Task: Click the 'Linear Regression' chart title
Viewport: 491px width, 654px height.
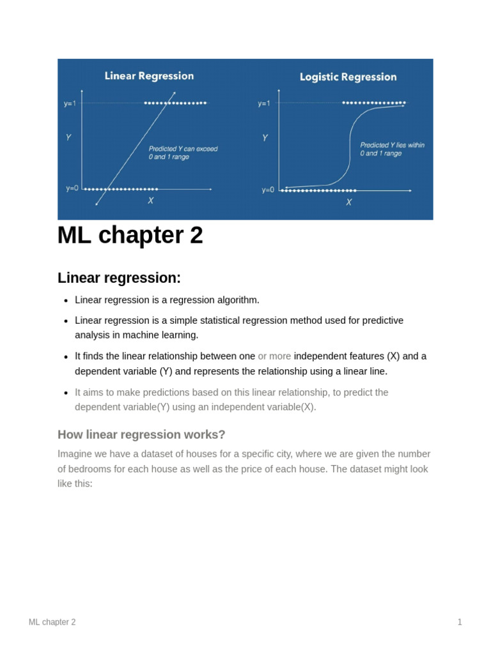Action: pos(149,76)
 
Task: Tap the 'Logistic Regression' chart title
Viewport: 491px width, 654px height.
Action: pos(348,77)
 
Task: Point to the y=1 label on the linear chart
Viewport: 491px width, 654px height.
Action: pos(70,103)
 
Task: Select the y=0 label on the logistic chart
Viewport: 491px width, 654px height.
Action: pos(267,190)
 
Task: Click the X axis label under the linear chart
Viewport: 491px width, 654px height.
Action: pos(151,201)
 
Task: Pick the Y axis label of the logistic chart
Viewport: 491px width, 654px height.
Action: pos(265,138)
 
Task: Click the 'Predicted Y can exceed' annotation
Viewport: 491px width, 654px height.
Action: pos(183,149)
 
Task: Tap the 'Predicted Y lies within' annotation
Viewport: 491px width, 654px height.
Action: pos(392,145)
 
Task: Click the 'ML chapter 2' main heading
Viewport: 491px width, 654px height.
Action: pos(130,236)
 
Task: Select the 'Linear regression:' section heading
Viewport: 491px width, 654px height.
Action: pos(120,278)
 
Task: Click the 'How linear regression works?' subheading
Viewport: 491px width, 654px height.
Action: pos(141,434)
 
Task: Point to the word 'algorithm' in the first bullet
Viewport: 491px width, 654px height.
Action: pos(236,300)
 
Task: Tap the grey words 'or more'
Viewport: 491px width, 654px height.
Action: pos(274,356)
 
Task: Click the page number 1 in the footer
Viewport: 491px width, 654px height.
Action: pos(460,622)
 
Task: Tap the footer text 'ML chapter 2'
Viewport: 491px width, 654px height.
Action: pos(52,622)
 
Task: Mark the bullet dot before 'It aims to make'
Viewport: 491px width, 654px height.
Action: pos(66,393)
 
